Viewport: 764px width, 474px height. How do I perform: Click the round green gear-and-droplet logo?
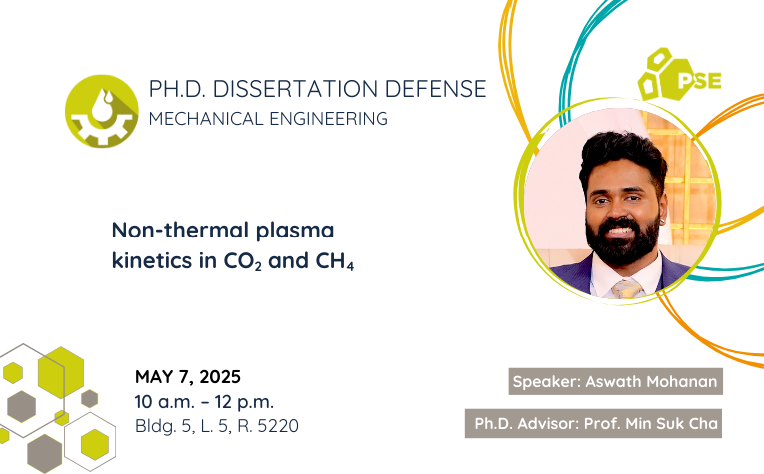[101, 111]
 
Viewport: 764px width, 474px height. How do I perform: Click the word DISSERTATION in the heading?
[295, 89]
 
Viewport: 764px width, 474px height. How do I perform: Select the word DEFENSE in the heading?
[436, 89]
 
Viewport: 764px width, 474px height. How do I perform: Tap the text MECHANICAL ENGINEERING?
[269, 119]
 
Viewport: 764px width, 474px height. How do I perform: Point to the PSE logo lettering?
[700, 81]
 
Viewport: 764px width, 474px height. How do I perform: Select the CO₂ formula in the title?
[242, 261]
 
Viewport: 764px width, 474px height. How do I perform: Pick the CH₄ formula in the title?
[335, 261]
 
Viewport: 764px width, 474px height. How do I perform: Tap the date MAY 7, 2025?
[188, 376]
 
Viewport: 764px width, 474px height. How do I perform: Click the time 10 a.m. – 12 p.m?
[204, 402]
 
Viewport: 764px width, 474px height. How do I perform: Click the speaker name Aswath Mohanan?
[651, 381]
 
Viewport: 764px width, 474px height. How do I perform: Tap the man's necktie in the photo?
[626, 289]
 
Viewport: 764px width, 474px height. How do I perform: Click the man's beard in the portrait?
[623, 241]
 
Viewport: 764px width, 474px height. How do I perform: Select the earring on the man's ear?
[663, 222]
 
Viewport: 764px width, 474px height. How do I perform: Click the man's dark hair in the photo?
[623, 155]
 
